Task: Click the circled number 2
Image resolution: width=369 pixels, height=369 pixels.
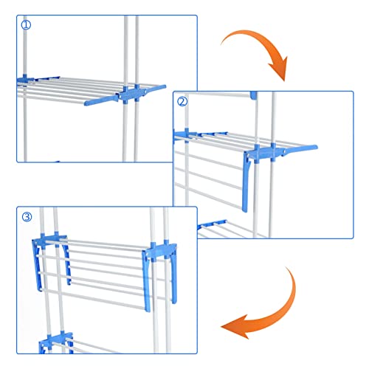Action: [183, 102]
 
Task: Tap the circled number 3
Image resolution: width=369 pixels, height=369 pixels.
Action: [27, 216]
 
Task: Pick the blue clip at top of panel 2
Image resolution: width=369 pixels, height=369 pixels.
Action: [253, 95]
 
